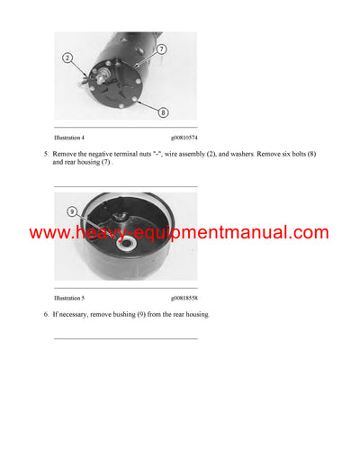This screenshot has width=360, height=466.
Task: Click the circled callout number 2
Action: [67, 59]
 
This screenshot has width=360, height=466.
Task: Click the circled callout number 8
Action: [164, 112]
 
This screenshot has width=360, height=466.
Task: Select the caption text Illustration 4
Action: [72, 138]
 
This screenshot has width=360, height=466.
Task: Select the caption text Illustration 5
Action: [72, 297]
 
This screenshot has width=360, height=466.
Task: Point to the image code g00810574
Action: [184, 138]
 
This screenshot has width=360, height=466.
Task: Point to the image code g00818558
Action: [184, 297]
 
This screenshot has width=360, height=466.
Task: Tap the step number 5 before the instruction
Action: [46, 155]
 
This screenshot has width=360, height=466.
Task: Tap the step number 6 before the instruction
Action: [46, 314]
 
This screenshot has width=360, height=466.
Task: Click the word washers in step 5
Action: [258, 155]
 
